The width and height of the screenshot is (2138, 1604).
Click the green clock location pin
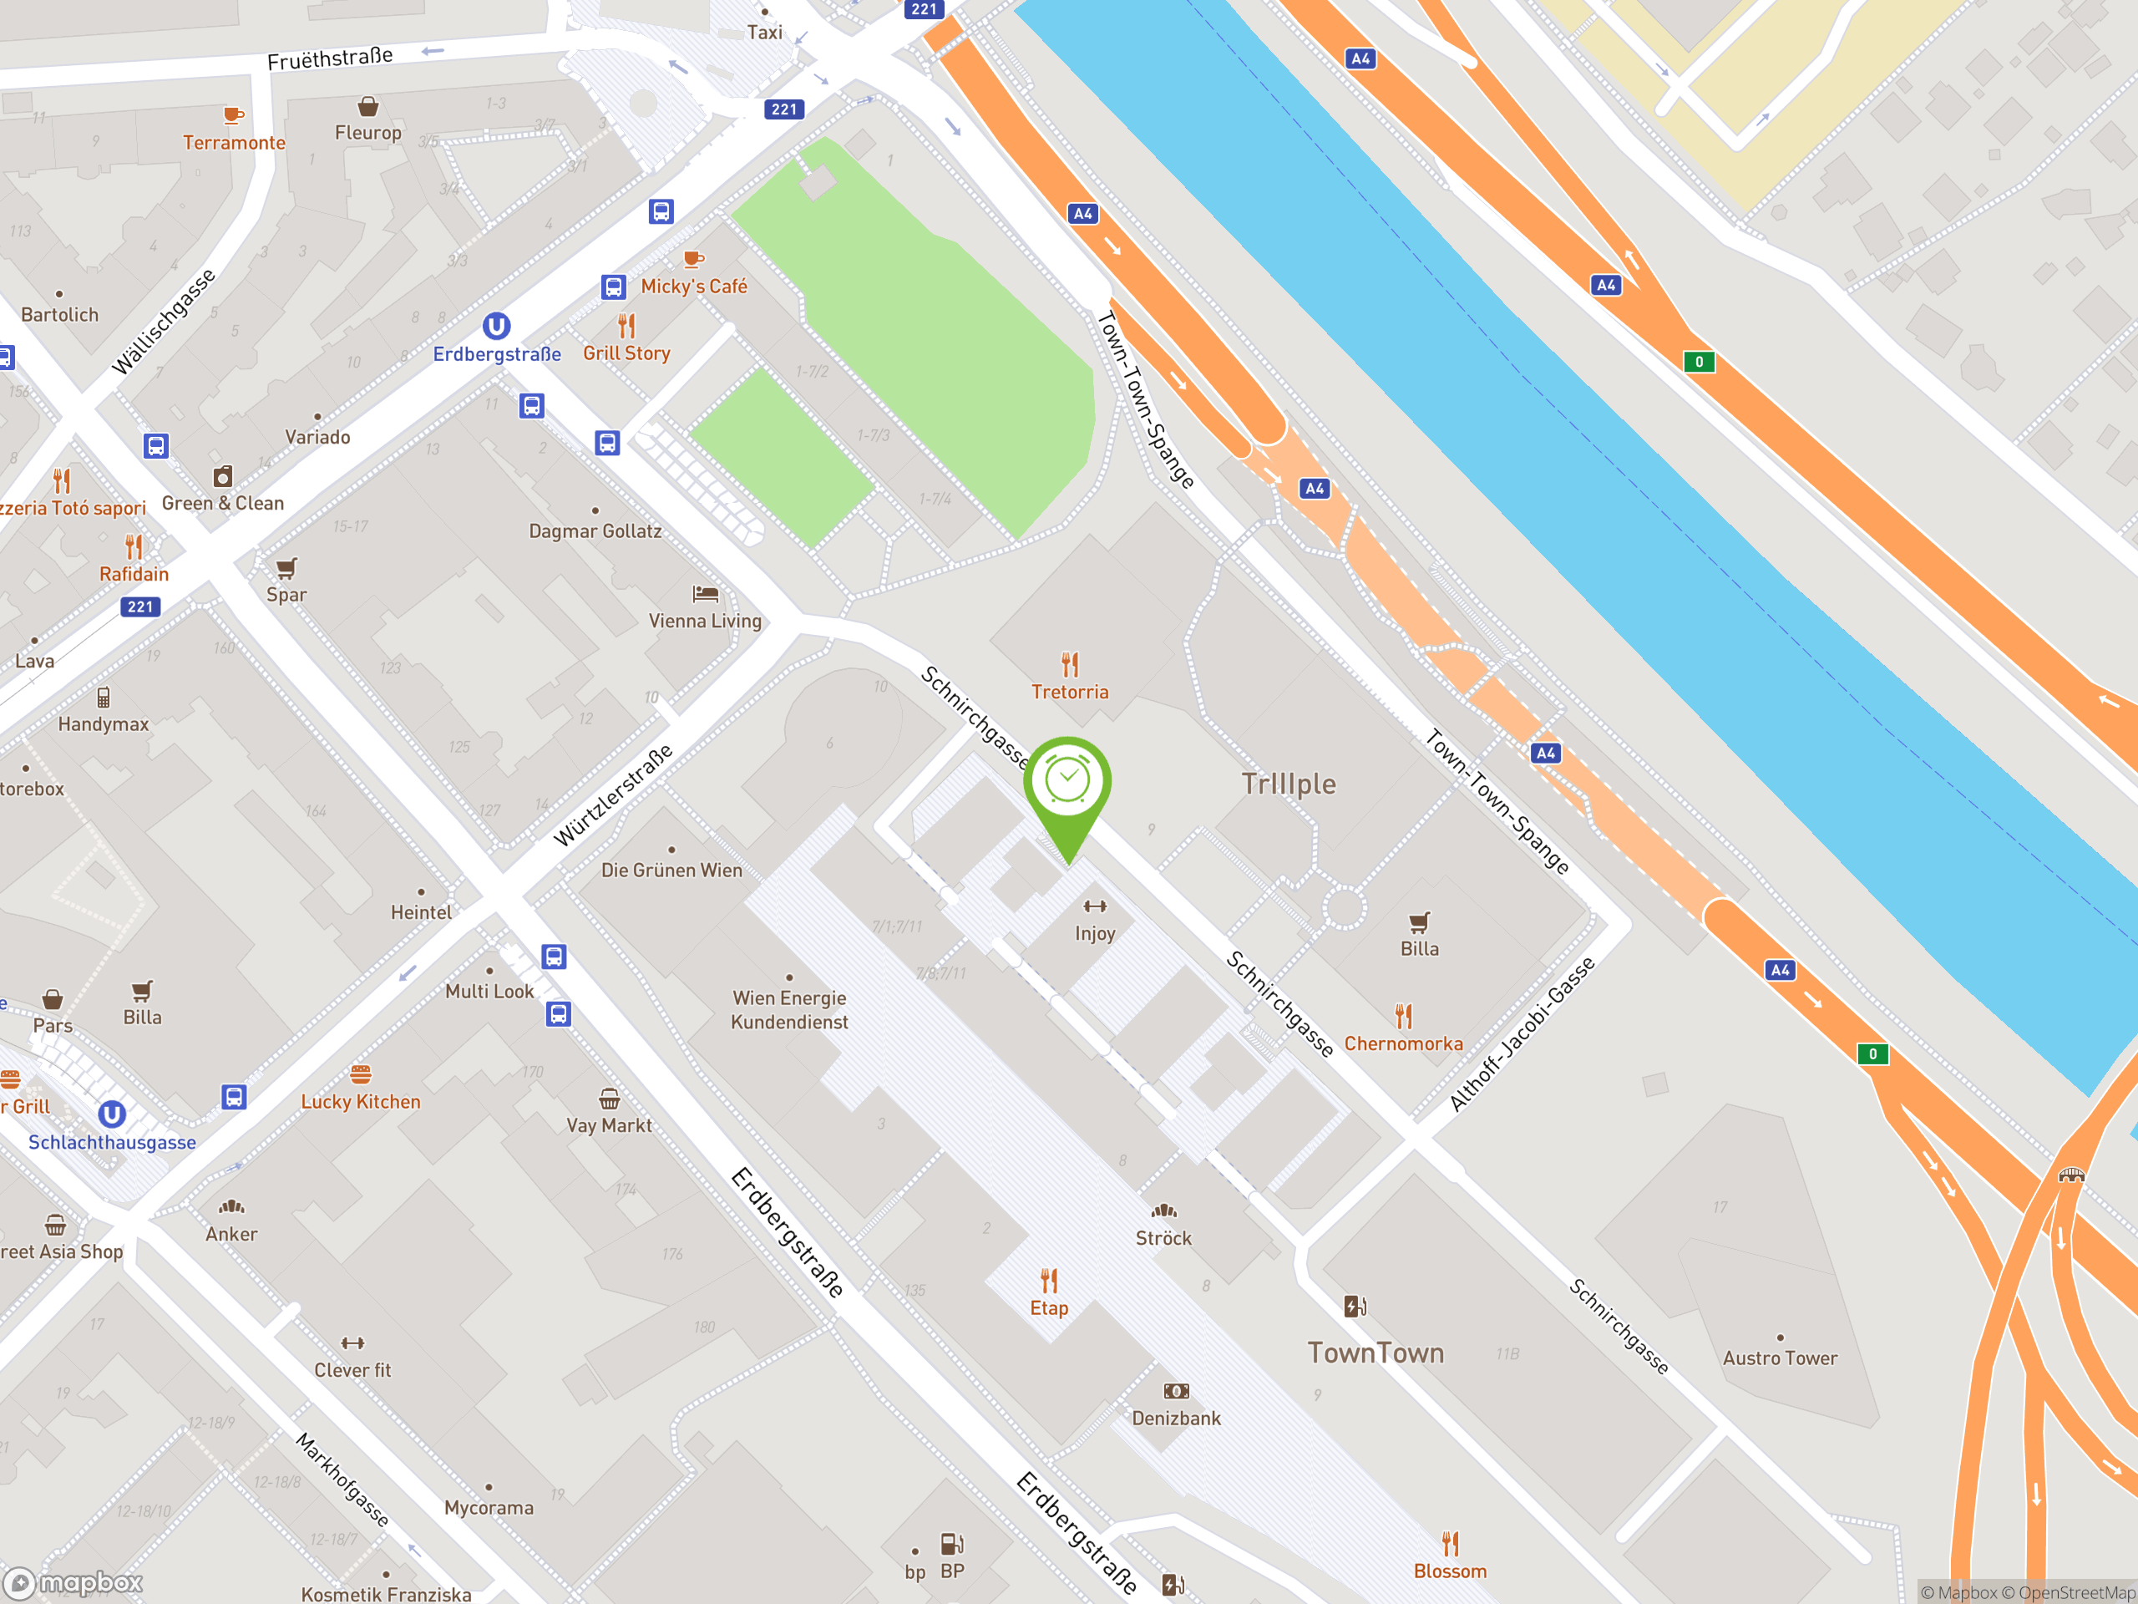click(1067, 783)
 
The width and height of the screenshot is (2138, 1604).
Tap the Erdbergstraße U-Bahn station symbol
click(496, 326)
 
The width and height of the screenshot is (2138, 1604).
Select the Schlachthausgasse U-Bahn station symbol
click(112, 1114)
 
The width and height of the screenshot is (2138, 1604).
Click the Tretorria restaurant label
click(1069, 691)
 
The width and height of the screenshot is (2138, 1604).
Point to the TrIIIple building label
click(1289, 784)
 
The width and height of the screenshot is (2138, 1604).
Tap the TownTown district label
click(1376, 1353)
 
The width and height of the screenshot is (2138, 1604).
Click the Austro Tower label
click(1780, 1358)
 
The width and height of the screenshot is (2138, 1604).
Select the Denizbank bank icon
click(1176, 1391)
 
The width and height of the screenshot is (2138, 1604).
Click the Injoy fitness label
click(1094, 933)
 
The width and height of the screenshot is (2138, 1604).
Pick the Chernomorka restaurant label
click(1403, 1043)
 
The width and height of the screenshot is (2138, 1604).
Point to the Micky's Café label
click(694, 287)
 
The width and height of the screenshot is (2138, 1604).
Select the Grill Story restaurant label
click(626, 353)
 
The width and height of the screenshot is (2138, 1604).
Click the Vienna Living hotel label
click(705, 621)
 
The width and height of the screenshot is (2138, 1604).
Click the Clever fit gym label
click(352, 1369)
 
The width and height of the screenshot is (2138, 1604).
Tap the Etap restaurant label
click(1049, 1307)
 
